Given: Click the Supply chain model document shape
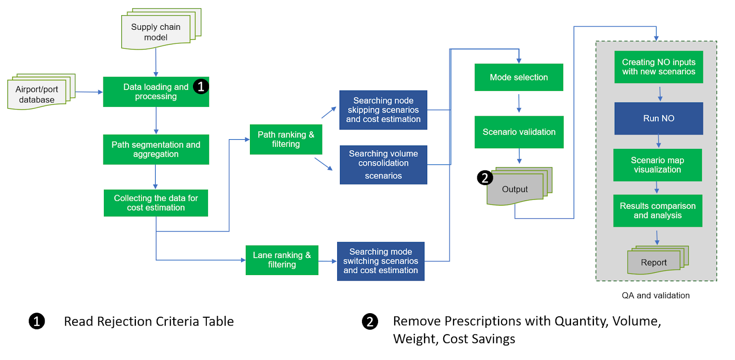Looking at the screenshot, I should pos(156,32).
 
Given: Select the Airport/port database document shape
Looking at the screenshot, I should pos(37,95).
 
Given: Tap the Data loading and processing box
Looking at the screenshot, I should pos(156,92).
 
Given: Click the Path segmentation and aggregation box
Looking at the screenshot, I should pos(156,149).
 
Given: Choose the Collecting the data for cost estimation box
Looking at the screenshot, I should pos(156,203).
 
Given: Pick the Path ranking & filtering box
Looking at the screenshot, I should pos(286,139).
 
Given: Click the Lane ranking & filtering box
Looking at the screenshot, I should pos(282,260).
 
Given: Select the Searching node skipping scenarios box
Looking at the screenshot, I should pos(383,110).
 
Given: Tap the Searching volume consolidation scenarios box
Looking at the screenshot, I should pos(383,164).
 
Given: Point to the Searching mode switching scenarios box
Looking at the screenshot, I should pos(380,261).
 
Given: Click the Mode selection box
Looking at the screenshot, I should pos(519,77).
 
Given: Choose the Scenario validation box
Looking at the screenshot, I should pos(519,132).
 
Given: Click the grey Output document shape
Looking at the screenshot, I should pos(515,189).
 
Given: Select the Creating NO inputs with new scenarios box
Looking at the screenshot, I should pos(658,67).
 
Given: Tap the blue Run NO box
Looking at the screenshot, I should pos(658,118).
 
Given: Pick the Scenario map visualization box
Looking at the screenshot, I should pos(657,165).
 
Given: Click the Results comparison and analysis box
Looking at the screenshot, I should pos(657,211).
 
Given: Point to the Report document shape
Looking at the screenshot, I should pos(654,262).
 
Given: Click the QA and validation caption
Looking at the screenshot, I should pos(656,296).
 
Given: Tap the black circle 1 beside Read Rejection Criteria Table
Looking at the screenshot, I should pos(37,321).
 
